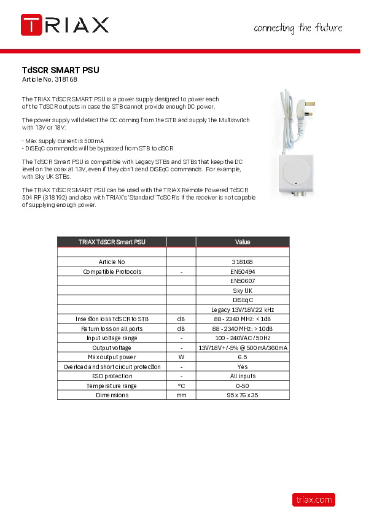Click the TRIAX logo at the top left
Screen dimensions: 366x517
(64, 25)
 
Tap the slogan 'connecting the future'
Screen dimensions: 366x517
(298, 28)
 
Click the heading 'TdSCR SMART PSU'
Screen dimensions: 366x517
(60, 70)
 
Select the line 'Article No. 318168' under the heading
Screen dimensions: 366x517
(49, 80)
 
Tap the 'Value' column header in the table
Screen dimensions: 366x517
(243, 242)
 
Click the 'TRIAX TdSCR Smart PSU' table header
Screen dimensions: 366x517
(112, 242)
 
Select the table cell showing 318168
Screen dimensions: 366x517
(243, 262)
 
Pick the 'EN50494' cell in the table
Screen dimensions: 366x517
(243, 271)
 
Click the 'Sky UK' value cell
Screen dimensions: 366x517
(243, 290)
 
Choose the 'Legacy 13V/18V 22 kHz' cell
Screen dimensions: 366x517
(243, 309)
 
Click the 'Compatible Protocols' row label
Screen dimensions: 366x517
(112, 271)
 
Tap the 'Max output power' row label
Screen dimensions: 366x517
(112, 357)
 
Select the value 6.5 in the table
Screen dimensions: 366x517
(243, 357)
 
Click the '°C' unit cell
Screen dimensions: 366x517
(181, 386)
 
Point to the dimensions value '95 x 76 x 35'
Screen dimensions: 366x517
(243, 395)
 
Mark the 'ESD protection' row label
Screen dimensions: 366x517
(112, 376)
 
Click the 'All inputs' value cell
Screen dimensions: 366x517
(243, 376)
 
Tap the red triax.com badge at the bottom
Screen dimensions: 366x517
(313, 500)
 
